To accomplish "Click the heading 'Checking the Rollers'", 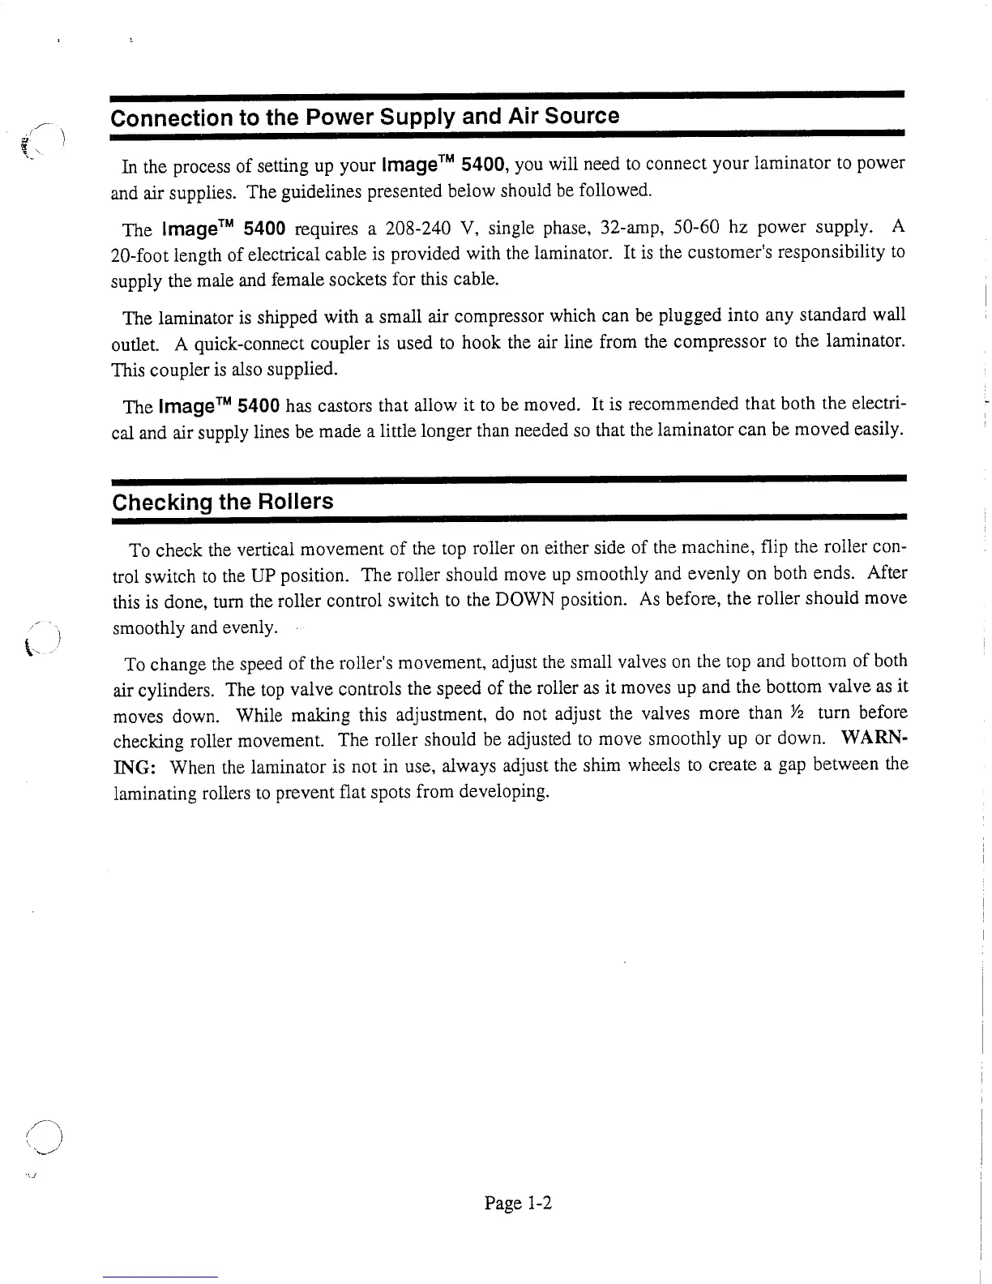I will (x=223, y=502).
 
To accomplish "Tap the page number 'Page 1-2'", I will (x=518, y=1203).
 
